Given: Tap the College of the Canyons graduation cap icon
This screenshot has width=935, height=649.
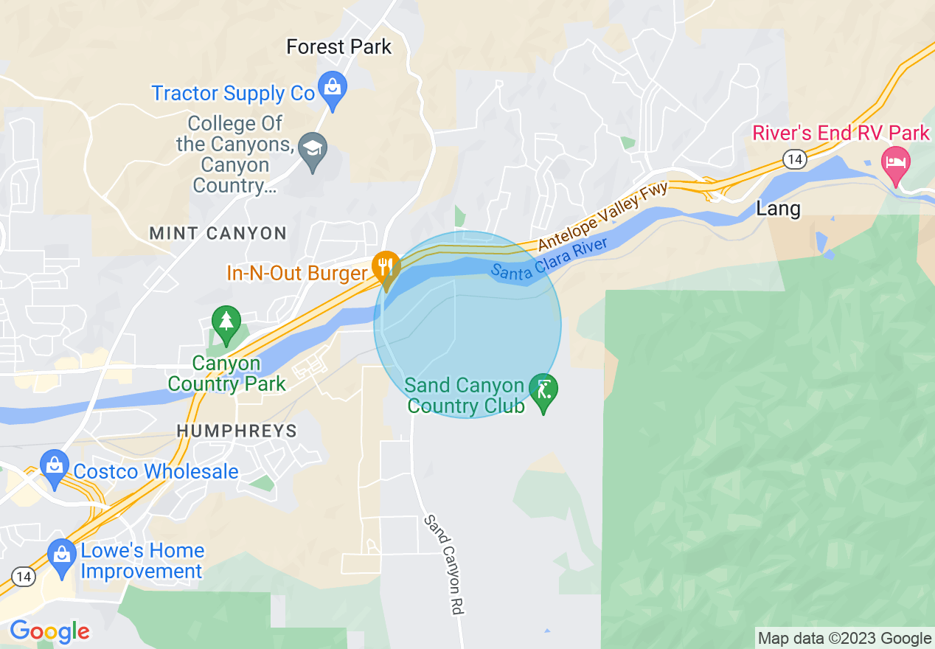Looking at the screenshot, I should coord(313,151).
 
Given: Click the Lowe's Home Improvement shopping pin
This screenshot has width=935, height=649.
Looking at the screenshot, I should coord(61,556).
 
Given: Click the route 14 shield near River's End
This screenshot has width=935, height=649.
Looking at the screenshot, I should coord(794,159).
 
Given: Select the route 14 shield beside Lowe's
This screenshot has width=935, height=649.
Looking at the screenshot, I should coord(23,577).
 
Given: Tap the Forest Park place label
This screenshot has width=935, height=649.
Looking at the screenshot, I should coord(338,47).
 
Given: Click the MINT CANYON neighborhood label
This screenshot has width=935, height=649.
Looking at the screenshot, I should coord(218,234).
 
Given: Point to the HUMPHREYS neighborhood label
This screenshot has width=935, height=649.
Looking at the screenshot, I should coord(236,431).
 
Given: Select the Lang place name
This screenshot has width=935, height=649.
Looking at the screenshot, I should coord(778,209).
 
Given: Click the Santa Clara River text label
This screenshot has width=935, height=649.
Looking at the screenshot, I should coord(549,259).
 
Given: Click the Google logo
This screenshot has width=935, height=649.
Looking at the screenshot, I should coord(49,632).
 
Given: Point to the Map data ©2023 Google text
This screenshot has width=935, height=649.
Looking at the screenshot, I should coord(844,638).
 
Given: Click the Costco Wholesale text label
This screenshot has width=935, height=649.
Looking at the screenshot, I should coord(156,472).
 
